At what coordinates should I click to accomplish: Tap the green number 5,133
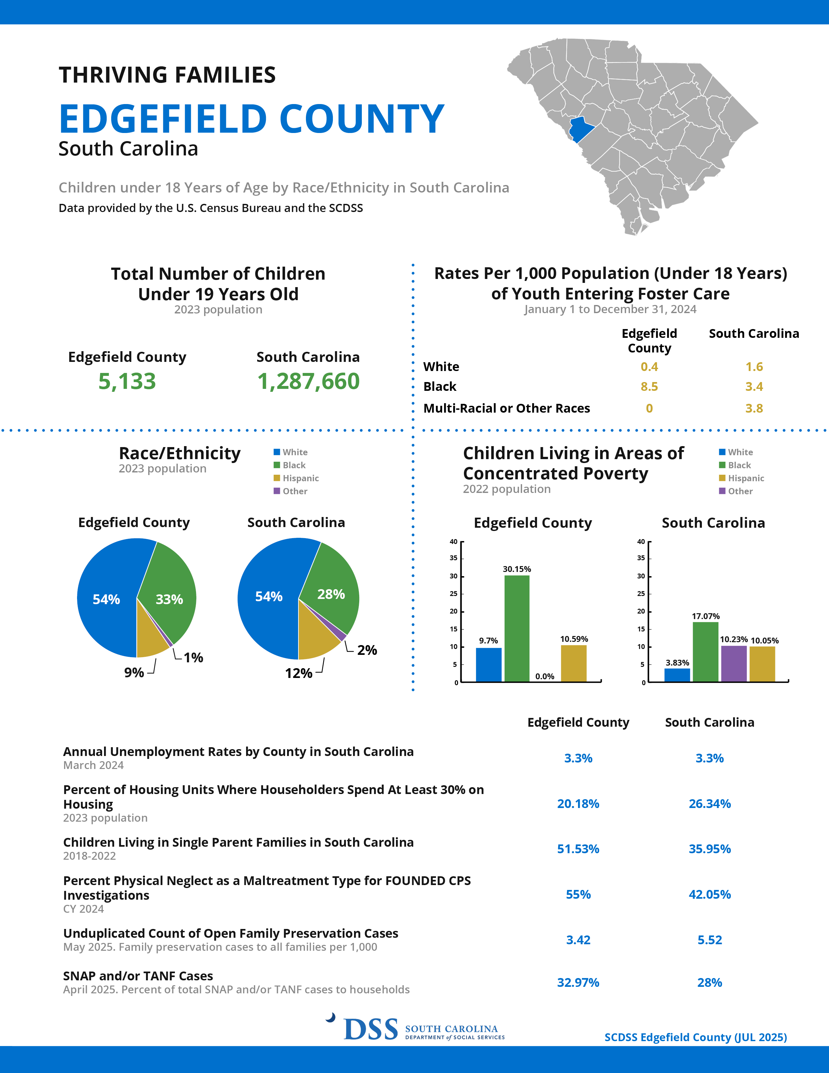(127, 381)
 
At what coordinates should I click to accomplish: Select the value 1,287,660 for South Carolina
(309, 381)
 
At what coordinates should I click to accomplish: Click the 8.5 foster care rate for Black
(649, 387)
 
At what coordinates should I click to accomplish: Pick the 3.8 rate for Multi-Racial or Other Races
(754, 408)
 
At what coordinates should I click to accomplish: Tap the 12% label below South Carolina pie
(298, 673)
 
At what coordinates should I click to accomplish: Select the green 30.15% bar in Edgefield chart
(517, 629)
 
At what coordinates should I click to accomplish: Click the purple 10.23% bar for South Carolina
(734, 664)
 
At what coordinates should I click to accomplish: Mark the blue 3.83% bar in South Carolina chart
(677, 675)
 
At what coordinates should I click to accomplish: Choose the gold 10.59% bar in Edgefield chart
(573, 663)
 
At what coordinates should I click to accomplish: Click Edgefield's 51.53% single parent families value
(578, 849)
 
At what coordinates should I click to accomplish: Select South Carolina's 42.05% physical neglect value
(710, 894)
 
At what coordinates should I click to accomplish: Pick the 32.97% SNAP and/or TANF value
(578, 983)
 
